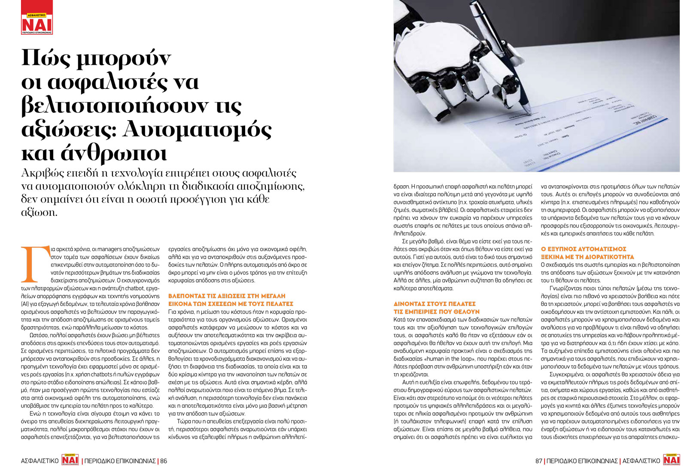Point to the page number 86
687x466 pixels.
(163, 461)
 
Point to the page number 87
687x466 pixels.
(539, 461)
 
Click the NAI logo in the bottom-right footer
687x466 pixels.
(671, 460)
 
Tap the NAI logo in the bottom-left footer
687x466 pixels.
(70, 460)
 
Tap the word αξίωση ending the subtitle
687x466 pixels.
(39, 212)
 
